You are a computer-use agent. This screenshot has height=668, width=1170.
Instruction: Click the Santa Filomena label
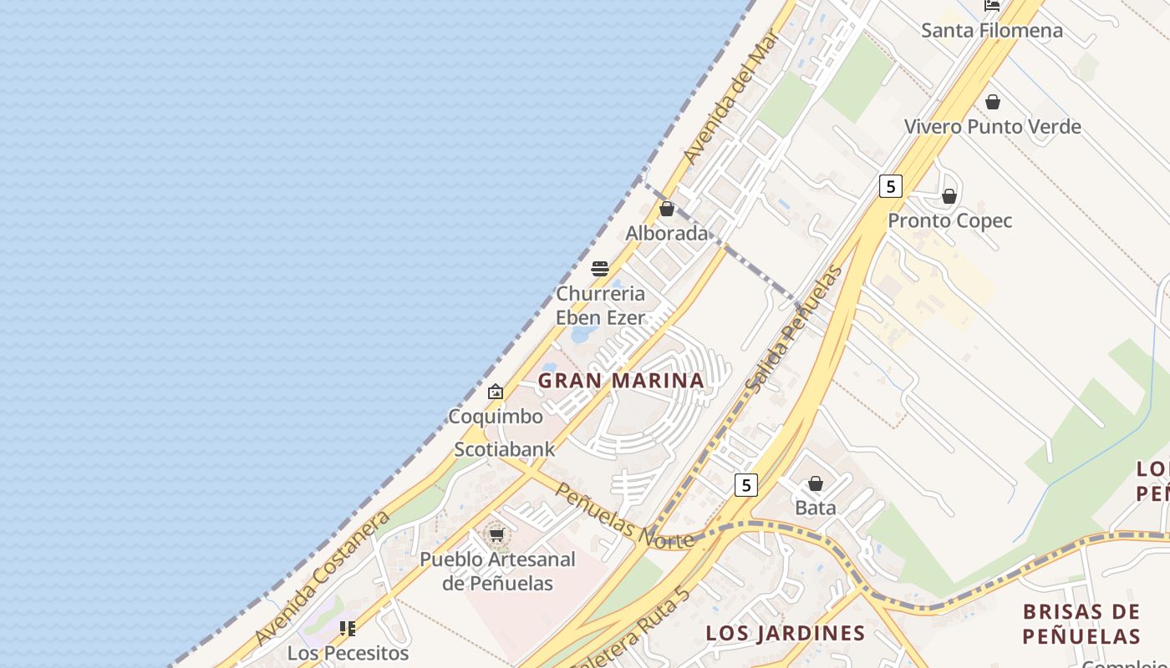coord(991,31)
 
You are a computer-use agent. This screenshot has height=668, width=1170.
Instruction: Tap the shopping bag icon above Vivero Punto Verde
coord(993,103)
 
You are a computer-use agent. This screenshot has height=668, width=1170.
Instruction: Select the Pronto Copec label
coord(949,220)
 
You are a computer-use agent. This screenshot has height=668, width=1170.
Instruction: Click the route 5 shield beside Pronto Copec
coord(891,186)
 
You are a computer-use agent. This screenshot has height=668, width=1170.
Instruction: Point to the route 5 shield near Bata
coord(746,485)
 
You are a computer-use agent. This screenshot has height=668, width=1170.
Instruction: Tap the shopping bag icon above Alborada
coord(667,209)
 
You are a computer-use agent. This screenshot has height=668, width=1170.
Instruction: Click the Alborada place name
coord(667,233)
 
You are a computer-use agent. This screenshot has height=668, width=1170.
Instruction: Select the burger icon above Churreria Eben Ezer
coord(600,269)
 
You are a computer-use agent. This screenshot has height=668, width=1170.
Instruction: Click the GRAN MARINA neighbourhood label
coord(621,381)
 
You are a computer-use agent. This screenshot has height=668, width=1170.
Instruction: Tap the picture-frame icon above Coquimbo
coord(496,392)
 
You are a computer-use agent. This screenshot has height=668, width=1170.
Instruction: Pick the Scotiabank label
coord(504,449)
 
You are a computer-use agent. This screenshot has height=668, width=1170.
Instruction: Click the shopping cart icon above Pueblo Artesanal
coord(497,534)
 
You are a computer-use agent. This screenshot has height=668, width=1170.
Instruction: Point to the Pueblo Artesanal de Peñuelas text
coord(497,571)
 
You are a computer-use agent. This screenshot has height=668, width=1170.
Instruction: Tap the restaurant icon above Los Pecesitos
coord(348,628)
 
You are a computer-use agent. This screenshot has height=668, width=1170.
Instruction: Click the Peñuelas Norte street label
coord(624,516)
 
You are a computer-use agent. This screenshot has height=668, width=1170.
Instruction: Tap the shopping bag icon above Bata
coord(816,483)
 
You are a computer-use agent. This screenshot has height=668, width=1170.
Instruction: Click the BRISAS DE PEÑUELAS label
coord(1081,624)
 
